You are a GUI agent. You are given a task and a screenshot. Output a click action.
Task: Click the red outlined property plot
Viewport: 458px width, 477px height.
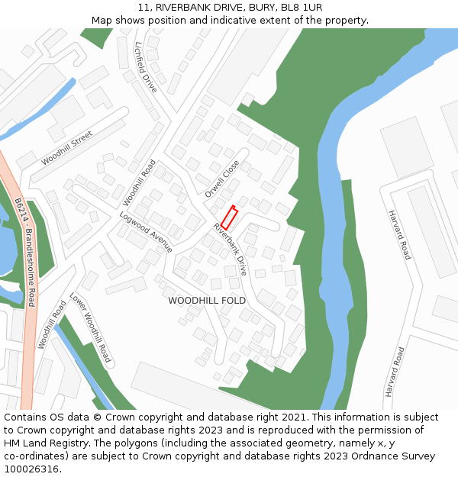point(230,218)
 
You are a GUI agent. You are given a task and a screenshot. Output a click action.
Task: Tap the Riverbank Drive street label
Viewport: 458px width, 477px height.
point(231,249)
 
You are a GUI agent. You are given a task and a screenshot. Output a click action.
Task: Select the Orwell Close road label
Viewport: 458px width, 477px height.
point(222,179)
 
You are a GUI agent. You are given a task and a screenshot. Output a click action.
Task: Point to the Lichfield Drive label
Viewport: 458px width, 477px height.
point(146,67)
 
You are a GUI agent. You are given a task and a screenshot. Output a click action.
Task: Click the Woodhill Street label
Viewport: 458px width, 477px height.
point(66,147)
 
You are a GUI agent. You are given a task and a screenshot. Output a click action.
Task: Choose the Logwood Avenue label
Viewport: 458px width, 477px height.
point(146,232)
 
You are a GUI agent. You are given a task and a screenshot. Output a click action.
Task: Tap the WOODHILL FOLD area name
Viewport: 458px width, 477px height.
point(207,301)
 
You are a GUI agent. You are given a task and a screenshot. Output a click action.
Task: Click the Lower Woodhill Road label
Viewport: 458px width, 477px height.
point(90,327)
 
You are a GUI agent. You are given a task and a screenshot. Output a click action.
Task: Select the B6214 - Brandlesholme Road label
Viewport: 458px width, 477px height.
point(25,252)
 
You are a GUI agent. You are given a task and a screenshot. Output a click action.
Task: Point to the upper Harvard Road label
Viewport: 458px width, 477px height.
point(399,234)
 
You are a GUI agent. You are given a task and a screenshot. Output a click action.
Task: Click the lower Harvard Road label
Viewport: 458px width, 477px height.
point(395,372)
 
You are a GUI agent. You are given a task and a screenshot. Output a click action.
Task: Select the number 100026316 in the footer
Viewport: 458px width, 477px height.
point(34,469)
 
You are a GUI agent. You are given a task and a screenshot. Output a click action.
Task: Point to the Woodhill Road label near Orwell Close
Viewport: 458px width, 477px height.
point(139,182)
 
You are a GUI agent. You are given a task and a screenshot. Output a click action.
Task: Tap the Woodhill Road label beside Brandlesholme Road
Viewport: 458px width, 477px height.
point(51,324)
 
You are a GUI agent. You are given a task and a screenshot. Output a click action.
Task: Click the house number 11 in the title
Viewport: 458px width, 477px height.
point(144,8)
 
